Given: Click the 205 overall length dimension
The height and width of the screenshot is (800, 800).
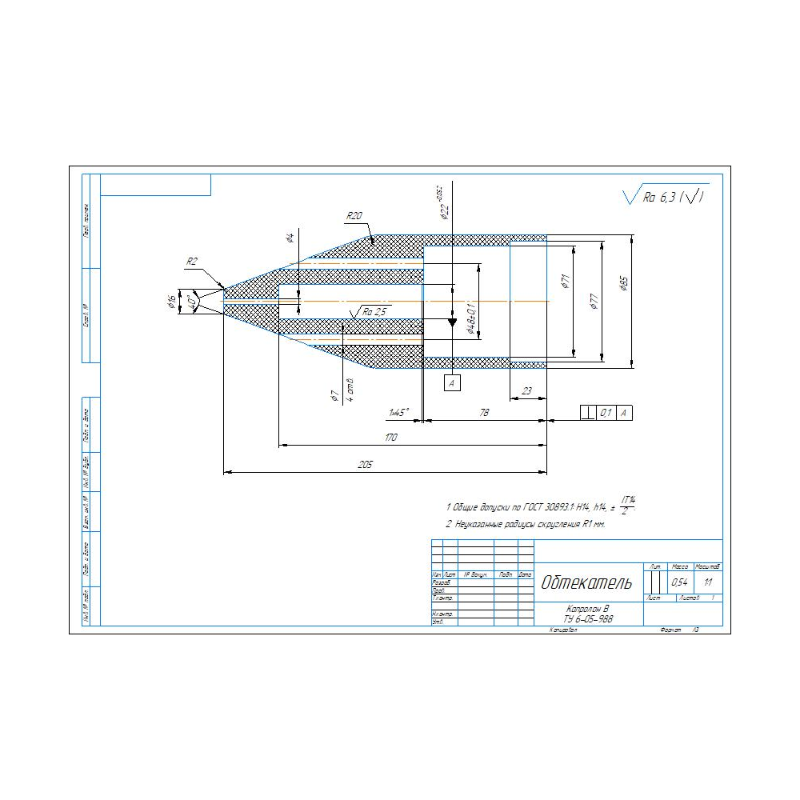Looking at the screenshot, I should (366, 464).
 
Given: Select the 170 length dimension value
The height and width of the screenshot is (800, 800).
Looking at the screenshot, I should (391, 438).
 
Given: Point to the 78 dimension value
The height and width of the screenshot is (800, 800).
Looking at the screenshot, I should (484, 412).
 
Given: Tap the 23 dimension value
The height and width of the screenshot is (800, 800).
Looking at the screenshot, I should (527, 391).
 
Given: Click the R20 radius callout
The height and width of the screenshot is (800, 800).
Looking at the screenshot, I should (354, 216).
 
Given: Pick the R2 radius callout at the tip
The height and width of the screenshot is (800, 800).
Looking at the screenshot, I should (192, 262).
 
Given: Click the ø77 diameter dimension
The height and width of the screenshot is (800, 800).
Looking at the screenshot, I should (594, 301).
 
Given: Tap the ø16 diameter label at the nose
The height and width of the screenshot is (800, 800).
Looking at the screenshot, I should (171, 302).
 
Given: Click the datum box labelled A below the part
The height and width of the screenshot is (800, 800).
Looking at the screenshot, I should (452, 384).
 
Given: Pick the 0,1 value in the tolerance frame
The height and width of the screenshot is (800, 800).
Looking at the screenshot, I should (606, 412).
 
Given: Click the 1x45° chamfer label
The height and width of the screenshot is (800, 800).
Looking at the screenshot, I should (398, 412).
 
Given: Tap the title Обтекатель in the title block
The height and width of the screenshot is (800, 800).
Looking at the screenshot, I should (586, 582).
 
